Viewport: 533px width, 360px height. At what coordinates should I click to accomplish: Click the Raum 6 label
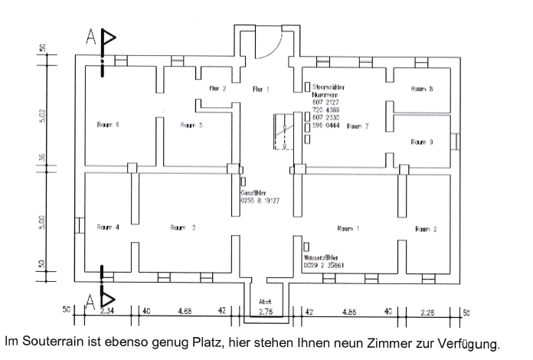(x=108, y=124)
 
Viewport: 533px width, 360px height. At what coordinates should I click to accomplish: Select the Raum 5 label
(x=191, y=124)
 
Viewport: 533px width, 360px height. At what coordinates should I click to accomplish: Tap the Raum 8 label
(x=422, y=89)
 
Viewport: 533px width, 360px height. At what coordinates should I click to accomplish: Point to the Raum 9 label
(x=422, y=142)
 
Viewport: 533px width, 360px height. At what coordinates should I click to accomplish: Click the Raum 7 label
(x=358, y=126)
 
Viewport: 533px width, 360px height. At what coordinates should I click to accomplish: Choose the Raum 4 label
(x=109, y=227)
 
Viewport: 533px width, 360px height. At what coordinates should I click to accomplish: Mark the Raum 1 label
(x=348, y=228)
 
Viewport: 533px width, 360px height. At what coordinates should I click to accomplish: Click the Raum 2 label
(x=426, y=229)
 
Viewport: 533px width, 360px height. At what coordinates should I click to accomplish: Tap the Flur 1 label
(x=262, y=90)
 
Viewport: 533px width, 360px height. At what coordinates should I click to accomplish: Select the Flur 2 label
(x=218, y=89)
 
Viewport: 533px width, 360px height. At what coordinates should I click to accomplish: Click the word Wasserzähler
(x=321, y=257)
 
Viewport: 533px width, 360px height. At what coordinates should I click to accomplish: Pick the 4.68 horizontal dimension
(x=185, y=312)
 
